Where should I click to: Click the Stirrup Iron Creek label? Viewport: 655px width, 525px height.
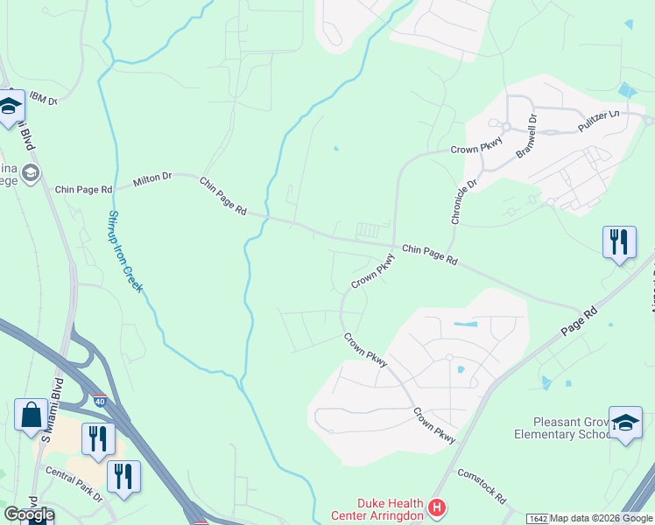[126, 251]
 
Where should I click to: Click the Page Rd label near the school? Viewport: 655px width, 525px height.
[580, 321]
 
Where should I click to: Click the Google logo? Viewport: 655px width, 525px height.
[29, 514]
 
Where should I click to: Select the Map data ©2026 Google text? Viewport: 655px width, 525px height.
[602, 519]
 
